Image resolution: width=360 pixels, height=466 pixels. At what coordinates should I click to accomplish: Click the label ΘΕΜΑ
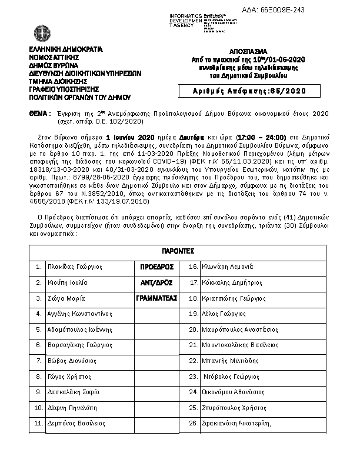(x=39, y=112)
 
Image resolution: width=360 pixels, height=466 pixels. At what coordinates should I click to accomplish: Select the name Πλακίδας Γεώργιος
(x=76, y=267)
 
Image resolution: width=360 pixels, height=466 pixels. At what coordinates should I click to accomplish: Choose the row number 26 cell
(x=192, y=422)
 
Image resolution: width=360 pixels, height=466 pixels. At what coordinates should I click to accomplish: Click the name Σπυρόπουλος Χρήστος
(x=235, y=407)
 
